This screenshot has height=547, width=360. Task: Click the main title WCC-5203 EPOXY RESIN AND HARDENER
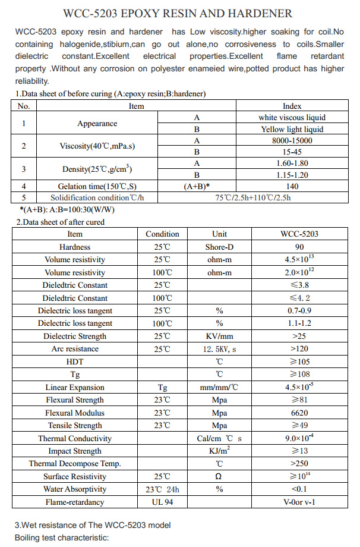click(178, 13)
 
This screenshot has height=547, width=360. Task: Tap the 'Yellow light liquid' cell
click(292, 129)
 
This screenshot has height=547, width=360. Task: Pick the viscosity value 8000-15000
click(292, 140)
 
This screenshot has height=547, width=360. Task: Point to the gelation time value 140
click(292, 186)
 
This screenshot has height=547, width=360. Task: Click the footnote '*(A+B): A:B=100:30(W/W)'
click(67, 209)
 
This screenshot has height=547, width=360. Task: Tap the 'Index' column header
click(292, 106)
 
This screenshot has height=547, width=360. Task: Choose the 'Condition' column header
click(162, 234)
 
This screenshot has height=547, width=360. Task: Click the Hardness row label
click(75, 247)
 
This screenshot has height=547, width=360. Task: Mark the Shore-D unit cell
click(219, 247)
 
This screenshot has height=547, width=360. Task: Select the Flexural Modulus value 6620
click(299, 413)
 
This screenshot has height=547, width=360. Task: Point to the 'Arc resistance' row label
click(75, 349)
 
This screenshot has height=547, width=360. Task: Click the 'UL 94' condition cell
click(162, 502)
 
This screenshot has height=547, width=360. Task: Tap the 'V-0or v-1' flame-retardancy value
click(299, 502)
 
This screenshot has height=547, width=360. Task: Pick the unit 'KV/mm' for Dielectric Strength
click(219, 336)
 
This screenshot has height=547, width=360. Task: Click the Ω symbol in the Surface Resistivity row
click(219, 476)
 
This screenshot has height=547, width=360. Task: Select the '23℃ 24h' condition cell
click(162, 489)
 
